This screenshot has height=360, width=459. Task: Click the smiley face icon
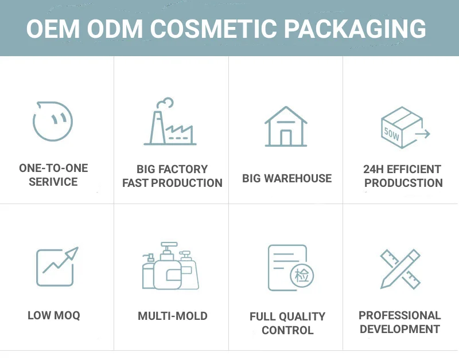53,122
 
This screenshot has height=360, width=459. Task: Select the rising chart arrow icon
56,266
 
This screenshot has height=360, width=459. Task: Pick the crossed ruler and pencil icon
400,268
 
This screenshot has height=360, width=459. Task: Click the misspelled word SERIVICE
53,182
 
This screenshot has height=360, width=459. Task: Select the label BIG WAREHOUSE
287,178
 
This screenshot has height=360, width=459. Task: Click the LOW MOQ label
54,315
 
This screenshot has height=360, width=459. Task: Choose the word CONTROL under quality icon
287,330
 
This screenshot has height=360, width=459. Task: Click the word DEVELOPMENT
399,329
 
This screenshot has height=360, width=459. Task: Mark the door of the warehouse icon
286,137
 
